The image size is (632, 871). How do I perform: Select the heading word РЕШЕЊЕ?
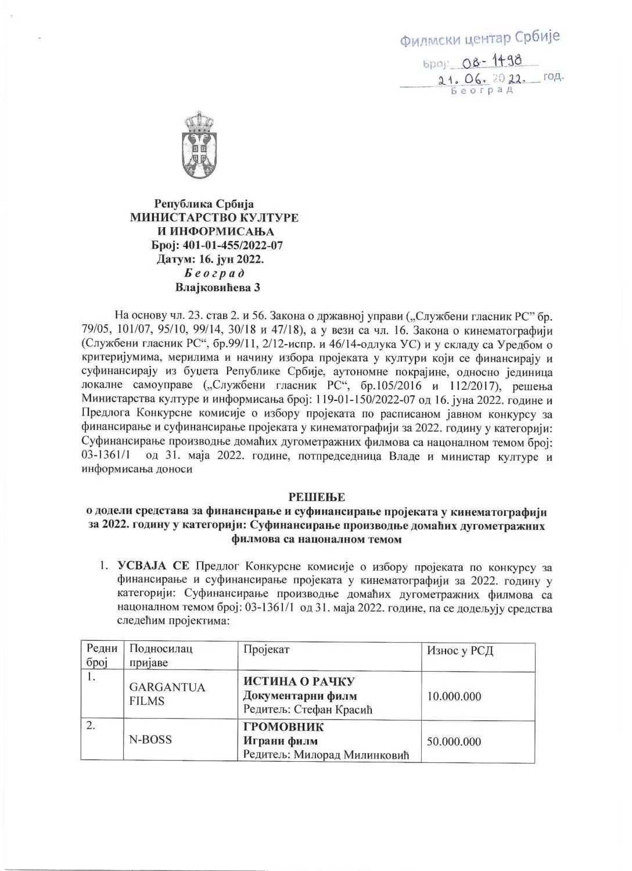317,497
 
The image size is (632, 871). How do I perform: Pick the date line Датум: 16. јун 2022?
210,260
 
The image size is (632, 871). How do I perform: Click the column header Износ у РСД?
460,650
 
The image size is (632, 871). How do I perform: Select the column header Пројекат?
266,650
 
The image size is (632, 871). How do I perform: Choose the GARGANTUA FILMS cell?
167,694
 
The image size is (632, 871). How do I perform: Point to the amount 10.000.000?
454,696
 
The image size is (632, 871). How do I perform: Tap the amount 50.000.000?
454,741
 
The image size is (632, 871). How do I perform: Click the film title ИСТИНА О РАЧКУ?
299,681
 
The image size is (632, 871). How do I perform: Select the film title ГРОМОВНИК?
283,727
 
